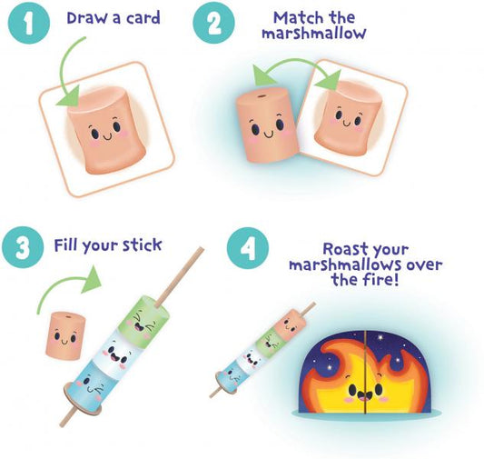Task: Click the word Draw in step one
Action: (x=87, y=18)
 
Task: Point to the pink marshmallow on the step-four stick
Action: (x=289, y=324)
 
